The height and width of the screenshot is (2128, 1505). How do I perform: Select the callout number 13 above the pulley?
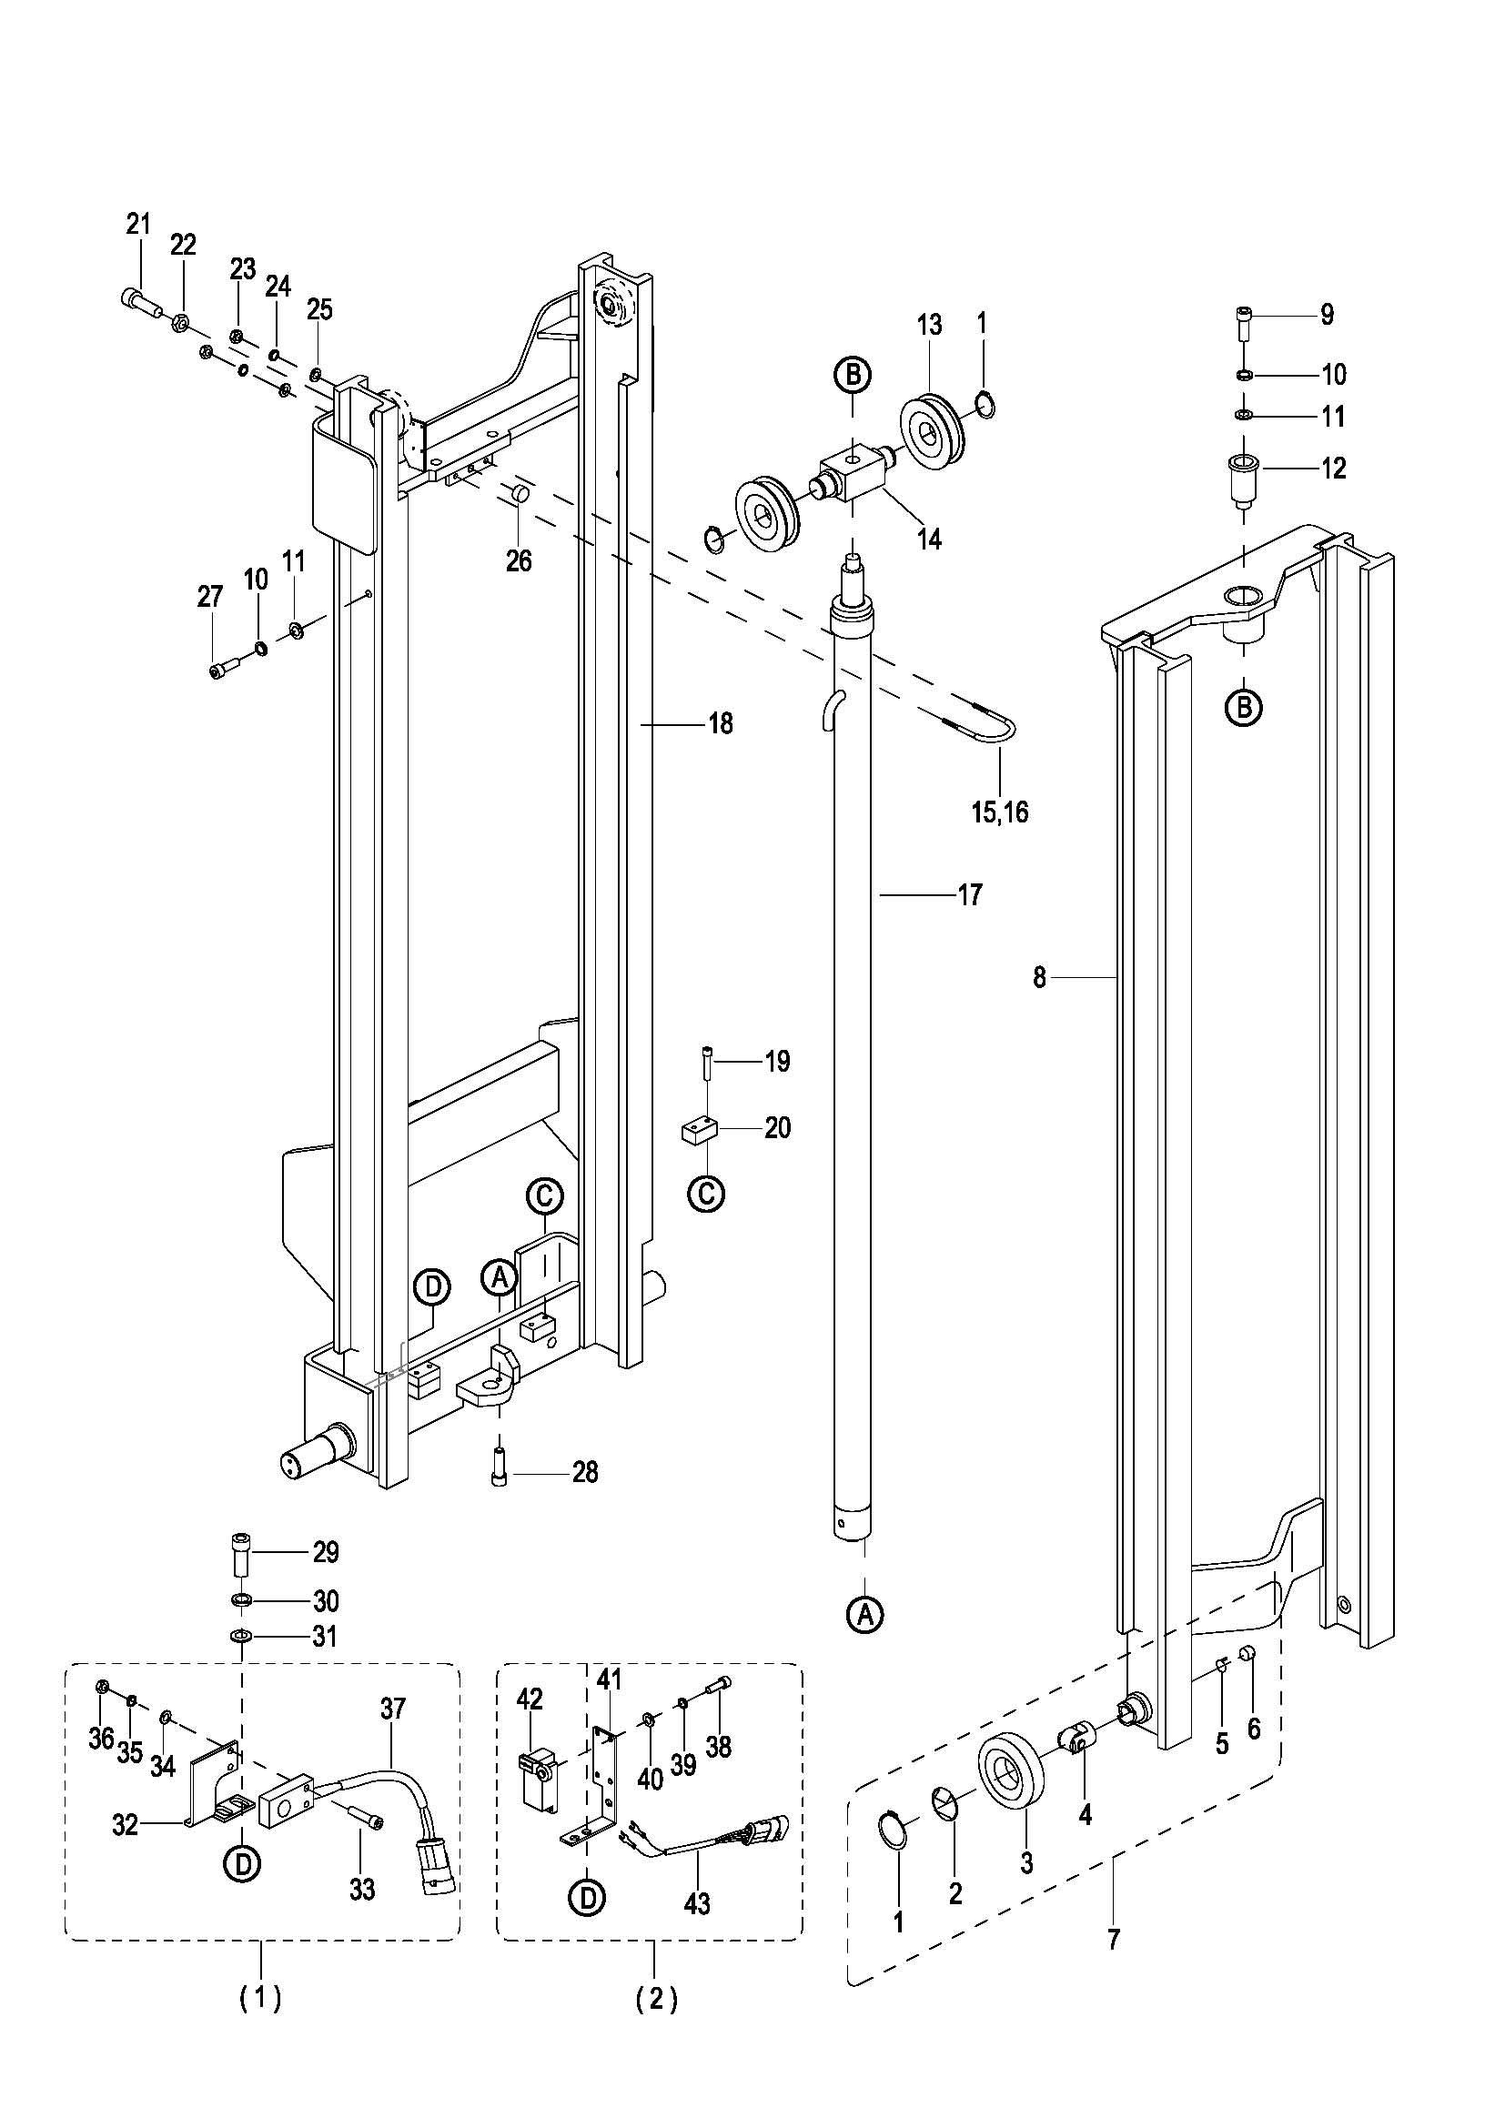(x=930, y=325)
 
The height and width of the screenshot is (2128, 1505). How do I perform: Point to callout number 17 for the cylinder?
(x=969, y=895)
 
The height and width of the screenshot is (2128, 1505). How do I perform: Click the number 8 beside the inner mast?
(x=1040, y=977)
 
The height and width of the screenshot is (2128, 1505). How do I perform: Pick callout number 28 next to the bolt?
(x=586, y=1472)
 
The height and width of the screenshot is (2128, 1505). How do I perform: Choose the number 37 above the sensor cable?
(x=393, y=1709)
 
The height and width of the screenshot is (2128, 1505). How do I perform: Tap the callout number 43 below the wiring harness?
(x=697, y=1903)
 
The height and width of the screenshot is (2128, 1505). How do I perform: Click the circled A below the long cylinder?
(x=865, y=1616)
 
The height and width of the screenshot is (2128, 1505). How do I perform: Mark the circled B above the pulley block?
(x=853, y=375)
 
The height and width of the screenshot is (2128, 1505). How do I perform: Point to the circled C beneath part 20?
(x=706, y=1193)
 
